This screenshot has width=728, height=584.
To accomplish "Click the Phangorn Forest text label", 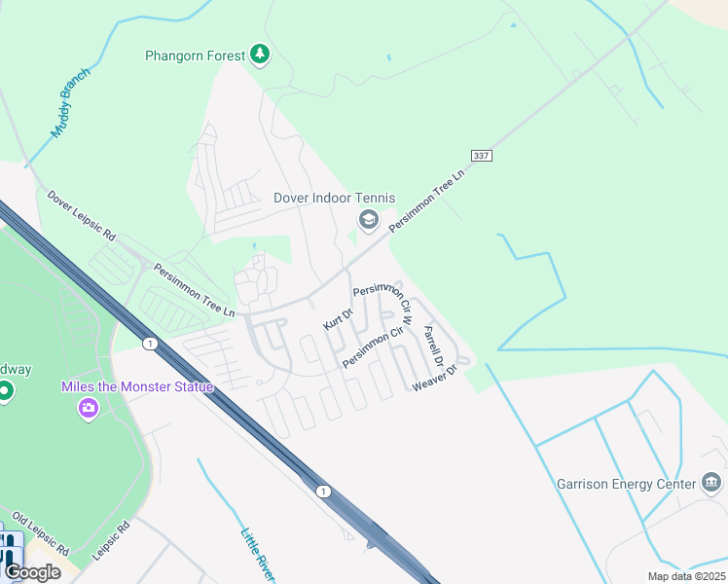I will click(x=196, y=55).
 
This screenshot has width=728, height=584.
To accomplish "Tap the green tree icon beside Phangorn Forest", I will click(x=259, y=55).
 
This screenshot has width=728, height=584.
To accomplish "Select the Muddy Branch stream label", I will click(x=70, y=103).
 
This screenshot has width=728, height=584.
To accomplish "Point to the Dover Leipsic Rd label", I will click(x=82, y=215).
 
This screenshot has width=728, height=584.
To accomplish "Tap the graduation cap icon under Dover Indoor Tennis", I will click(x=368, y=221).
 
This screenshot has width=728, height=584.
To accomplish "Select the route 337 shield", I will click(x=481, y=156).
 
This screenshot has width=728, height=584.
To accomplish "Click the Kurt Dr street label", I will click(x=338, y=317).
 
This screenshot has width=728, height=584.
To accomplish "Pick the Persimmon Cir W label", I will click(x=384, y=297).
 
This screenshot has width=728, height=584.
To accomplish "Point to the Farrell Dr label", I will click(x=433, y=346).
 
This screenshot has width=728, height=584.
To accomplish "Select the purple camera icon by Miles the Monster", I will click(x=89, y=409).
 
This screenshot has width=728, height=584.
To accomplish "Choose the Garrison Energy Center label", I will click(x=626, y=484).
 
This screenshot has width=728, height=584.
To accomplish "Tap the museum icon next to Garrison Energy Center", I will click(x=711, y=483).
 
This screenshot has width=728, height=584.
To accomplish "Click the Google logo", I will click(x=32, y=572).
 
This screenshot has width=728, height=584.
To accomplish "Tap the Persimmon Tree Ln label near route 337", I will click(x=428, y=199).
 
